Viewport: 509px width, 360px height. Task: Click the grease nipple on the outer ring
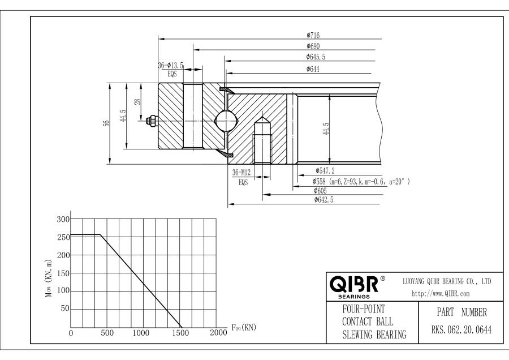[152, 121]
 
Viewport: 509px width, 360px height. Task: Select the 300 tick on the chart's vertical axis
[63, 219]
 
